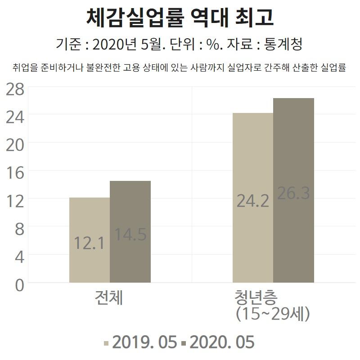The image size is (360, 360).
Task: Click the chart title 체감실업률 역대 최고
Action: [180, 18]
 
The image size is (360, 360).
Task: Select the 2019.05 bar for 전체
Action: [90, 240]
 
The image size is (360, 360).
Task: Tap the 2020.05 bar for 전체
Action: [130, 232]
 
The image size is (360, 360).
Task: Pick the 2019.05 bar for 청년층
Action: [253, 198]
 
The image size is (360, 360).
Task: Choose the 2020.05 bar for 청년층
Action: [293, 190]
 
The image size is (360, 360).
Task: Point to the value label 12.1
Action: [89, 243]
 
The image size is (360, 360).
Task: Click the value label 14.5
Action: [130, 234]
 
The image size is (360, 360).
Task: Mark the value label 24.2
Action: [252, 201]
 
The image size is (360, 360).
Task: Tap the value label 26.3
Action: [293, 193]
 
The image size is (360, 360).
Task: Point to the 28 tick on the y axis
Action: [15, 89]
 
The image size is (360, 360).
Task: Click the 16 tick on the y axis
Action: [15, 173]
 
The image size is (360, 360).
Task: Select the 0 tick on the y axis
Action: [19, 285]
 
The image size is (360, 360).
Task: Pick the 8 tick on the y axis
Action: [19, 229]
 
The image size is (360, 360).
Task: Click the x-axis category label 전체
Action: [109, 297]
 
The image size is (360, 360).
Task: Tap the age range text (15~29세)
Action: [273, 314]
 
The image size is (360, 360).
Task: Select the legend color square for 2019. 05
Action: [106, 343]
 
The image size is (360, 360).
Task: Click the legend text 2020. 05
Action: [222, 342]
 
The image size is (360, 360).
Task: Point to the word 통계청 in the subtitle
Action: [283, 44]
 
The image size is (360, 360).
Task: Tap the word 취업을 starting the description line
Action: [25, 67]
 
